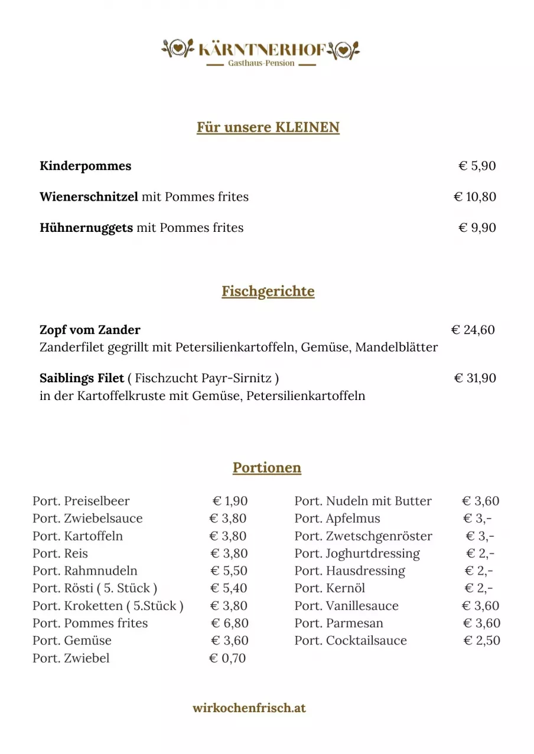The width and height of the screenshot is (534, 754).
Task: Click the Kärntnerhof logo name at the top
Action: point(262,50)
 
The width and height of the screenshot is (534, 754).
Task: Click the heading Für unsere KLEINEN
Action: point(268,127)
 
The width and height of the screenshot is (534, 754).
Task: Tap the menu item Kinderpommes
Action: point(86,166)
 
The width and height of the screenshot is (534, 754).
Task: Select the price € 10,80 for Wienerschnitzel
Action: point(474,196)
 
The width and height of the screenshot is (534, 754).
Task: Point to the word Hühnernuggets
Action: point(86,228)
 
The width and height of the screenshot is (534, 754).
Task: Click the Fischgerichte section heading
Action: point(268,291)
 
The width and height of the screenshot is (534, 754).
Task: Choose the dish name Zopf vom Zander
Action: point(90,329)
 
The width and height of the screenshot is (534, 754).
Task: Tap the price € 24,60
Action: point(473,329)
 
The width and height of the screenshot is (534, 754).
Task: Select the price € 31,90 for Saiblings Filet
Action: point(474,378)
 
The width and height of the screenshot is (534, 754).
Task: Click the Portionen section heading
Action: point(267,468)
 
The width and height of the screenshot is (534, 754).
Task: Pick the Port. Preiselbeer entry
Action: point(81,501)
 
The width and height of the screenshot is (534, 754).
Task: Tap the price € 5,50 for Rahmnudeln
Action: point(229,571)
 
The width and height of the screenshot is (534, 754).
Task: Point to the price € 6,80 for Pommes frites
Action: point(230,623)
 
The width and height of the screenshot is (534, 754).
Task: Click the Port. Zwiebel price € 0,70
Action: point(227,658)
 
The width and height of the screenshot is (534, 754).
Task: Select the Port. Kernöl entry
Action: point(330,588)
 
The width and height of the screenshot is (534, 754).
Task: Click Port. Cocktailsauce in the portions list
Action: point(350,641)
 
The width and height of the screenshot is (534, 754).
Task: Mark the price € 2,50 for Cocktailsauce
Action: point(481,641)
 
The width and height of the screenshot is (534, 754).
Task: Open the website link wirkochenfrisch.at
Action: point(249,708)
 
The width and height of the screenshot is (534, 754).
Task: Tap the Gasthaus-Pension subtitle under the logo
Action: point(261,64)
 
